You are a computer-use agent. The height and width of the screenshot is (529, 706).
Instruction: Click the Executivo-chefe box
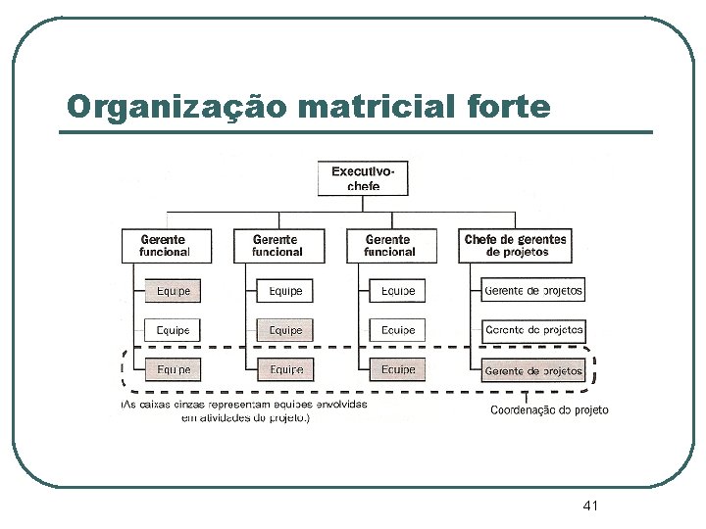coord(363,178)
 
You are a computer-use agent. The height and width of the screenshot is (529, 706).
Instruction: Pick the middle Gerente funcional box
coord(277,245)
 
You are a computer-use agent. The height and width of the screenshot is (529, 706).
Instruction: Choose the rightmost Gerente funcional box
coord(389,245)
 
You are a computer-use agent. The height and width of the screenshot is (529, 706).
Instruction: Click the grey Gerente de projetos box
coord(533,370)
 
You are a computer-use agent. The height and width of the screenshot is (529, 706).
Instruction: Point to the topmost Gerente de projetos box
coord(533,290)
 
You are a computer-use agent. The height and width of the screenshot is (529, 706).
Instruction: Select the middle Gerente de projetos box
coord(533,330)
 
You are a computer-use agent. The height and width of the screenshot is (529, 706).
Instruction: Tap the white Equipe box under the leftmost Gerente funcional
coord(174,330)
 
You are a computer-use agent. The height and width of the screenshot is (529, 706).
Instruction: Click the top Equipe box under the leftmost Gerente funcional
coord(174,291)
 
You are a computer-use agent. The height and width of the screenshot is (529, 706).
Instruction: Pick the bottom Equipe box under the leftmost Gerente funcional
coord(174,370)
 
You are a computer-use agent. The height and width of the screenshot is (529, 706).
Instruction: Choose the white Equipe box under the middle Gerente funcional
coord(285,291)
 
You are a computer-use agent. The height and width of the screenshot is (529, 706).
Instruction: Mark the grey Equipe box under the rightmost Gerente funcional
coord(397,370)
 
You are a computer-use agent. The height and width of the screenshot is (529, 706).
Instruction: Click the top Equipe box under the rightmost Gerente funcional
coord(397,291)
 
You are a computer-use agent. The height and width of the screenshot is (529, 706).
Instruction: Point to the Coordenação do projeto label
coord(549,410)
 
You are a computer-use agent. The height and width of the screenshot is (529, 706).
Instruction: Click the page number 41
coord(590,505)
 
